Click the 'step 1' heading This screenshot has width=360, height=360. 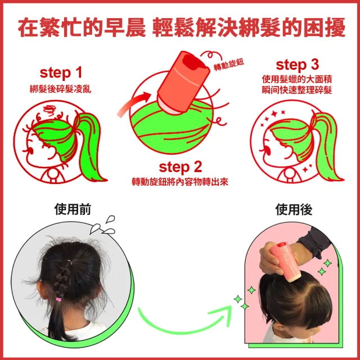tap(61, 73)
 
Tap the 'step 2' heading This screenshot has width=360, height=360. tap(180, 167)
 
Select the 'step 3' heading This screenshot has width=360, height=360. tap(298, 65)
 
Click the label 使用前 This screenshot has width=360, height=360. tap(73, 209)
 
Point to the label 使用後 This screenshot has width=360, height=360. tap(294, 209)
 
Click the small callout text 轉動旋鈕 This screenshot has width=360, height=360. tap(229, 65)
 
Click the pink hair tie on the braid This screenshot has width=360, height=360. tap(58, 299)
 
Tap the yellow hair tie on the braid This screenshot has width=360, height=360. tap(69, 262)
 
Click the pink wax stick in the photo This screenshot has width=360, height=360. tap(285, 262)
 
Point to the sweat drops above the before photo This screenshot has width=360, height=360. tap(103, 226)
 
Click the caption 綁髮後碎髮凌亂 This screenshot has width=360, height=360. tap(61, 89)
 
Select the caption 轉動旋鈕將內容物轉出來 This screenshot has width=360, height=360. tap(180, 182)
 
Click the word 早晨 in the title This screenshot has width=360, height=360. tap(125, 28)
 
